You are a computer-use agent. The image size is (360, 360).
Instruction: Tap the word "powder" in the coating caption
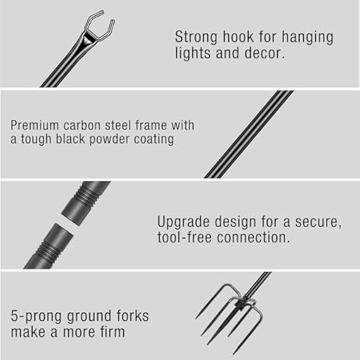coord(121,138)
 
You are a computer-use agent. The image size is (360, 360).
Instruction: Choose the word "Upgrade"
coord(183,222)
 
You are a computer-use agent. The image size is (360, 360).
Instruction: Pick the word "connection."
coord(256,238)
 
